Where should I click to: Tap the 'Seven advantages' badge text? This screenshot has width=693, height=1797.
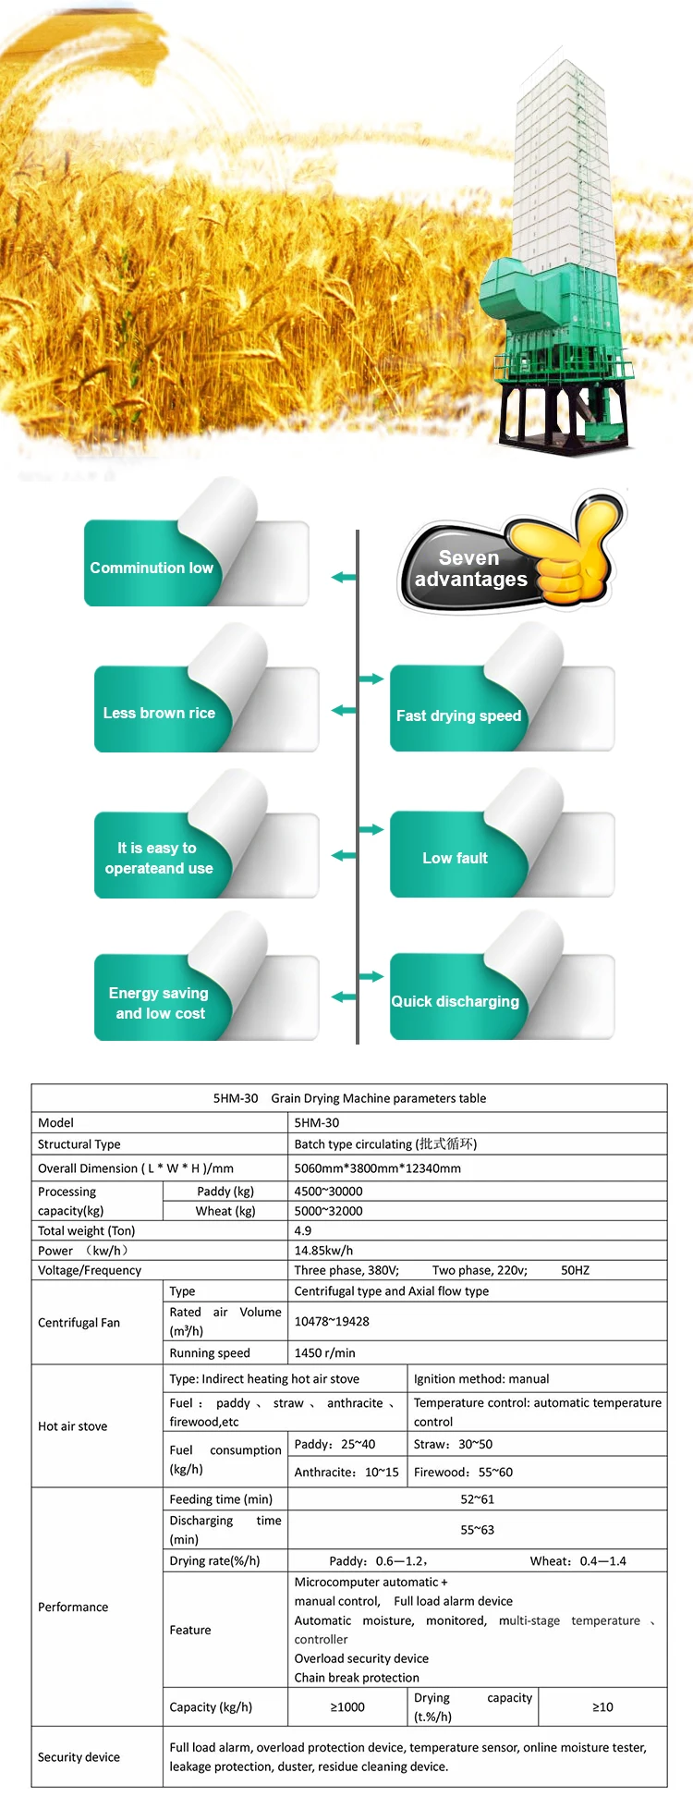tap(470, 568)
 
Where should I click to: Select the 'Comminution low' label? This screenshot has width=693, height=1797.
tap(152, 568)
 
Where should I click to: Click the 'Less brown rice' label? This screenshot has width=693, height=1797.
tap(159, 713)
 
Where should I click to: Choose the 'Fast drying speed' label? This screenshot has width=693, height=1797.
tap(458, 715)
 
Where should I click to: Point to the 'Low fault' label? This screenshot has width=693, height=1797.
tap(455, 858)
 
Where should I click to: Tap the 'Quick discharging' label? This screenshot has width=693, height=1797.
tap(455, 1001)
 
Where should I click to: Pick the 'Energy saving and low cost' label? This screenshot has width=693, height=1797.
tap(159, 1003)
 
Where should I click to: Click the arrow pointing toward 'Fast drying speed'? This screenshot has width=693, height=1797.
tap(371, 679)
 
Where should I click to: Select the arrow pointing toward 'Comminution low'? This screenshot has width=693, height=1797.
tap(344, 578)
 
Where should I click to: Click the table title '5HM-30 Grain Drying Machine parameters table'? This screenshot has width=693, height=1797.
tap(349, 1098)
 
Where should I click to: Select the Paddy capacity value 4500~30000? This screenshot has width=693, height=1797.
tap(328, 1192)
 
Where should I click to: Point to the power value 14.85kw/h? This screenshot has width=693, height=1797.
tap(323, 1251)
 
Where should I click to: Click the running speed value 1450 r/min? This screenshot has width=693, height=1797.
tap(324, 1352)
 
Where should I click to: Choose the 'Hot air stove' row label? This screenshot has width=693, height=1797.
tap(72, 1426)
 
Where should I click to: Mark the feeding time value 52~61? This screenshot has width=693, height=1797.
tap(477, 1499)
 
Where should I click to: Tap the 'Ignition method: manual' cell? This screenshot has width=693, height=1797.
tap(480, 1378)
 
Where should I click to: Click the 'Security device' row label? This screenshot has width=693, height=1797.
tap(79, 1757)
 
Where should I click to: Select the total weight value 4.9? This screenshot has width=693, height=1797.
tap(303, 1230)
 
